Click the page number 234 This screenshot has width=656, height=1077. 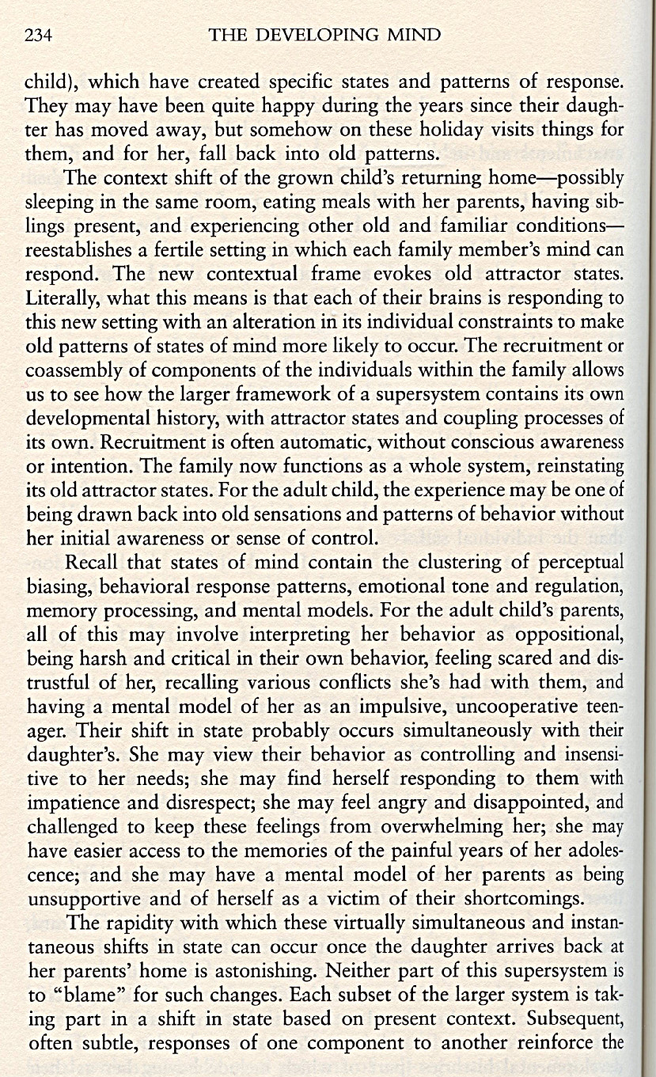click(38, 35)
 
